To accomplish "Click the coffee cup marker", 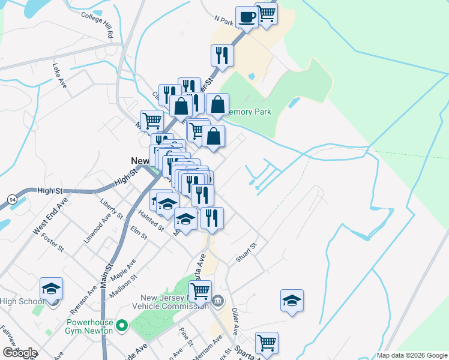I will point(246,17).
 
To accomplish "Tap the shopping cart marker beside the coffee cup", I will point(266,14).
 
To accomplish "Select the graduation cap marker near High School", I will point(51,290).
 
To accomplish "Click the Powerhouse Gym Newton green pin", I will point(122,327).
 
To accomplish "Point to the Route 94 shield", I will point(12,199).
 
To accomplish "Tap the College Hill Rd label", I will point(97,25).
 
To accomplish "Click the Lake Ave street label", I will point(59,76).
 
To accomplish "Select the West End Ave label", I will point(46,221).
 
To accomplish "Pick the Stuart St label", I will point(246,252).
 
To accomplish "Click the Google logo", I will point(20,353).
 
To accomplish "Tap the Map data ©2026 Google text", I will point(412,355).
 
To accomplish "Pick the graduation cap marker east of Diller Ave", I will point(292,301).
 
